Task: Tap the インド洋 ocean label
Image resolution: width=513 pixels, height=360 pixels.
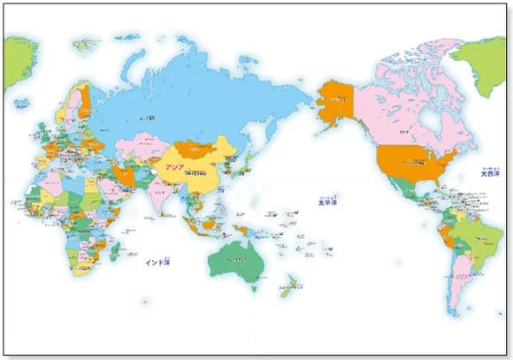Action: [x=158, y=263]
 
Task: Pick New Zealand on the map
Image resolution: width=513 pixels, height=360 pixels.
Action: [x=289, y=287]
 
